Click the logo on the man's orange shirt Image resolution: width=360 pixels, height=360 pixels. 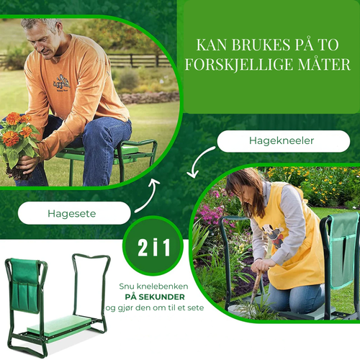60,81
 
